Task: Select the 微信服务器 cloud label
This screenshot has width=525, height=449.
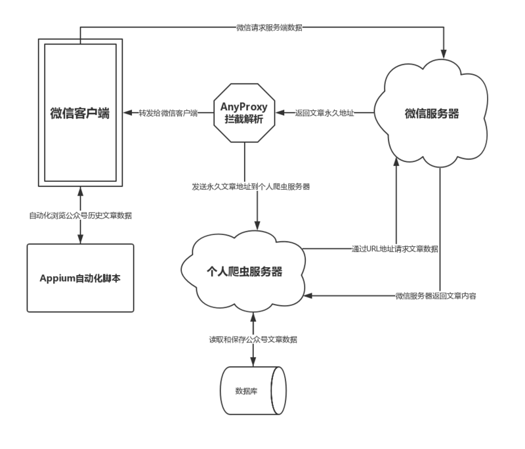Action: [431, 114]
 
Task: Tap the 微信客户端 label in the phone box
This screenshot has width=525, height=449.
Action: [79, 114]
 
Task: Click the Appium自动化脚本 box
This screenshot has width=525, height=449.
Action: [80, 278]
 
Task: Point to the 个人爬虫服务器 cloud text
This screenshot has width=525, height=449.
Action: [245, 271]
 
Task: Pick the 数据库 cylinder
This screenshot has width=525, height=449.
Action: [253, 391]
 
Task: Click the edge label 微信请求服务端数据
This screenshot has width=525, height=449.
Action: [269, 28]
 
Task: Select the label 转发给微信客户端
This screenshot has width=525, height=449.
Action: [168, 114]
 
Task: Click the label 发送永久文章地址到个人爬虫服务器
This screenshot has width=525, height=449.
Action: [250, 187]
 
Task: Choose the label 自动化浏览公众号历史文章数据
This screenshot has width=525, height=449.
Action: [80, 216]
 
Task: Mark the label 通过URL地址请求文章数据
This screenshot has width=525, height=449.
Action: [396, 249]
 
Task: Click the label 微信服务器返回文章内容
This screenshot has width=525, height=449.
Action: [436, 297]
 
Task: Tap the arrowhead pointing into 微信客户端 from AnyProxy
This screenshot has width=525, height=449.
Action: [126, 114]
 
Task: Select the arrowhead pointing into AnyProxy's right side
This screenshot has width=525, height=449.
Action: [280, 114]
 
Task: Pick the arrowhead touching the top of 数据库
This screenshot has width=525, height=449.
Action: [253, 362]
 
